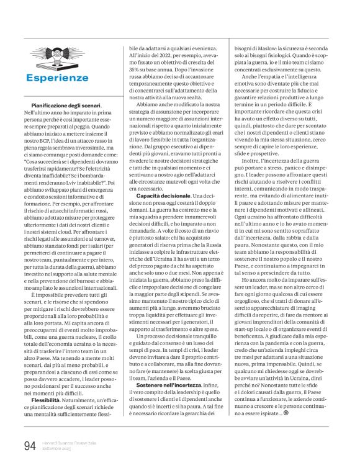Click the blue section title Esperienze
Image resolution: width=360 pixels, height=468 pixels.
[66, 78]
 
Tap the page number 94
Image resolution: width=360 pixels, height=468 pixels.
[29, 446]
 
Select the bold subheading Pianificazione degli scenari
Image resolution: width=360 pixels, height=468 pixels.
[66, 106]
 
